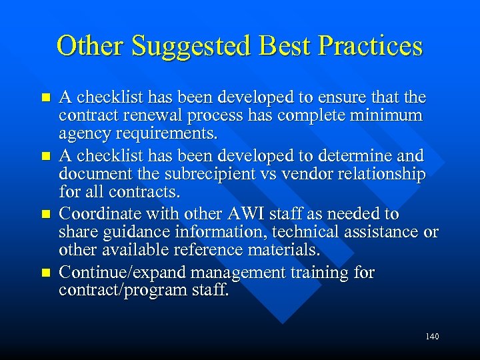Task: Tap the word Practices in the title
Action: pyautogui.click(x=371, y=46)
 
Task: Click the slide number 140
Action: pyautogui.click(x=432, y=337)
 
